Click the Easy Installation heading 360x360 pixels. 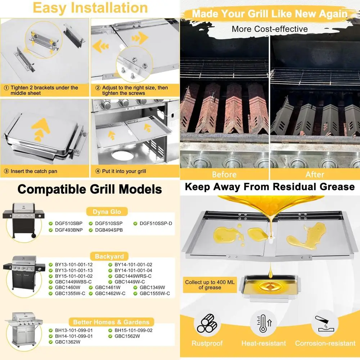pos(90,8)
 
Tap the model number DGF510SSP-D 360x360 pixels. pos(155,224)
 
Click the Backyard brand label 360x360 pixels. pos(109,257)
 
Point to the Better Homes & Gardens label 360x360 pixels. pos(111,322)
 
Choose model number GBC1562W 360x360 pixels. pos(127,336)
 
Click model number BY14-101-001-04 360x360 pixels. pos(133,270)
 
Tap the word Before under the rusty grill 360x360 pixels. pos(224,175)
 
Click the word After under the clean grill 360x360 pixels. pos(315,175)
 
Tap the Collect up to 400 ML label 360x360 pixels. pos(210,285)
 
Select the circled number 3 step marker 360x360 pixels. pos(7,171)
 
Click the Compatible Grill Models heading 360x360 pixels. pos(90,189)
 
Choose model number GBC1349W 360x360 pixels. pos(152,288)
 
